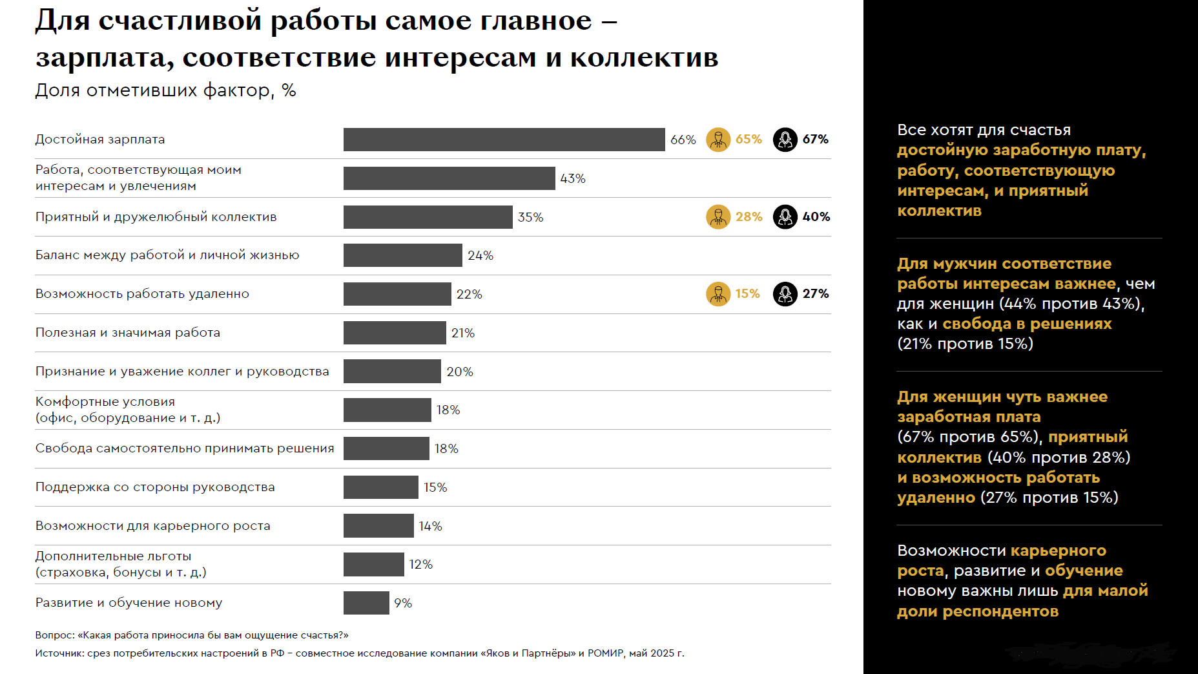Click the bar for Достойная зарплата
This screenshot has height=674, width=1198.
tap(504, 140)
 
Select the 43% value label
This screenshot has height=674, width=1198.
tap(573, 178)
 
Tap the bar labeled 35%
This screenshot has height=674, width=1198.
tap(428, 217)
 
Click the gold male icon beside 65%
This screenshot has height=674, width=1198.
tap(718, 140)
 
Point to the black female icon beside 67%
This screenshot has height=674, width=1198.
tap(785, 140)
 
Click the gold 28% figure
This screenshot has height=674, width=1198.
tap(749, 217)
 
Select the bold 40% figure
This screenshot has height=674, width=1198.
tap(816, 217)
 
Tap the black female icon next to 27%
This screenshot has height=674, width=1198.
tap(785, 294)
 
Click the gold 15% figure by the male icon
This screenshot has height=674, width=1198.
tap(747, 294)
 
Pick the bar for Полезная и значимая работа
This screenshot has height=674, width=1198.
tap(395, 333)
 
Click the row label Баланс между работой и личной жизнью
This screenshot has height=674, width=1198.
tap(167, 255)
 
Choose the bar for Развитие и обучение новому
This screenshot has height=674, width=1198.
tap(366, 603)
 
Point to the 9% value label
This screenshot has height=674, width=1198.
tap(403, 603)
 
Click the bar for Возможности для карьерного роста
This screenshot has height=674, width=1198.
tap(378, 526)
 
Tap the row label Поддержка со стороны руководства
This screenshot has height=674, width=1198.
tap(155, 487)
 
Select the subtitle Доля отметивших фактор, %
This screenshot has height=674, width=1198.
tap(165, 90)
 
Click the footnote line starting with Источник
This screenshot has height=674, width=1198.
tap(360, 653)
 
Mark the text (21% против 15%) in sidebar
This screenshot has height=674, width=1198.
tap(965, 344)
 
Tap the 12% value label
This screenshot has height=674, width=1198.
tap(420, 565)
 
